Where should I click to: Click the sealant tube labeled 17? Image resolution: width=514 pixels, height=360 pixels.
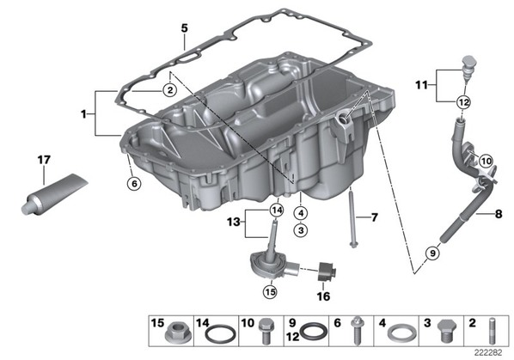[54, 194]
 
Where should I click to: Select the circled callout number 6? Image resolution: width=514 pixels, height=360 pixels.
[134, 184]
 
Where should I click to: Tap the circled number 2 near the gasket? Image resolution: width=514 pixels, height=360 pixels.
[170, 90]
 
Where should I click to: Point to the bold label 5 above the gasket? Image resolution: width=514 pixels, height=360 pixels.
[185, 28]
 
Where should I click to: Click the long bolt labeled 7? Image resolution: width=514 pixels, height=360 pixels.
[352, 220]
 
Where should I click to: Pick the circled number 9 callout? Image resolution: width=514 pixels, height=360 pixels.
[432, 253]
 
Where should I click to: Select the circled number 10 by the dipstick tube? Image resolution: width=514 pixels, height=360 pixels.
[486, 161]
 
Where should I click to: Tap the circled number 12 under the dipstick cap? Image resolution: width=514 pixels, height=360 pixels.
[463, 102]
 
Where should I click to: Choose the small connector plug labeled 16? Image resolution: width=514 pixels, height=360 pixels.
[327, 272]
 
